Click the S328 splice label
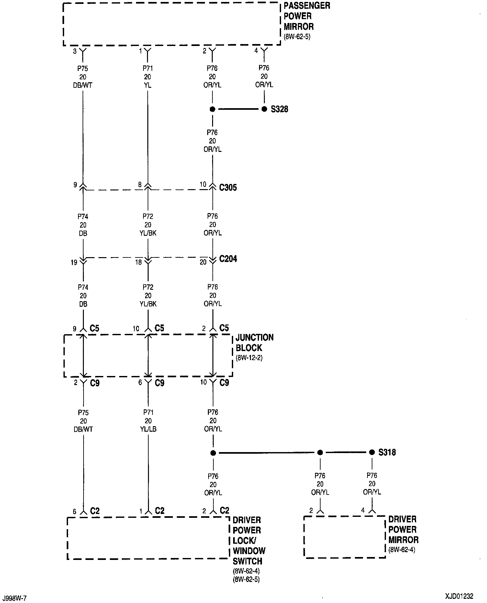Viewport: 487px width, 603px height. [279, 109]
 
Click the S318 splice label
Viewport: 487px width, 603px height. [387, 452]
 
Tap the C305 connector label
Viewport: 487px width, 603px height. [228, 188]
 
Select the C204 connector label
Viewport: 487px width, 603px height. [228, 259]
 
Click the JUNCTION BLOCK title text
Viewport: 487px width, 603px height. [255, 343]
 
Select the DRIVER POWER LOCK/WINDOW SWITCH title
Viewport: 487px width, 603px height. [249, 540]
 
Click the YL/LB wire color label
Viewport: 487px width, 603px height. [148, 429]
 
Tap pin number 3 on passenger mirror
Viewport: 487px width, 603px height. [75, 51]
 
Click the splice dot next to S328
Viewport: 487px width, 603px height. [264, 109]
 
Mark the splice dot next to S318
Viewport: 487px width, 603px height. [372, 452]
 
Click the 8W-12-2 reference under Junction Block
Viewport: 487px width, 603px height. [249, 358]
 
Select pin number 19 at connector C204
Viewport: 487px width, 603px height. [74, 262]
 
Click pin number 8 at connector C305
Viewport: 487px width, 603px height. [140, 185]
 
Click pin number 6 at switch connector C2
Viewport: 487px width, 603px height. [74, 512]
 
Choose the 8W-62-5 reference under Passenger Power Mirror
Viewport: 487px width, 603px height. [297, 37]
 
